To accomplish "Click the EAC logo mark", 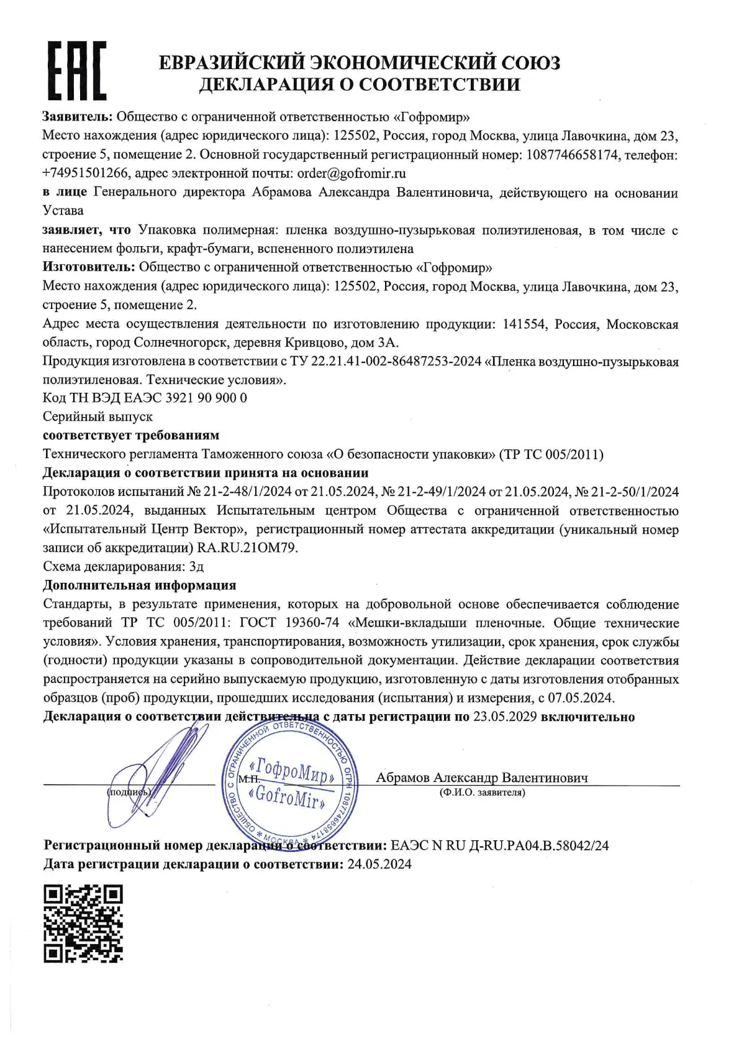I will tap(77, 70).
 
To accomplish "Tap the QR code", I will tap(83, 923).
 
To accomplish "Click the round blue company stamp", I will tap(289, 785).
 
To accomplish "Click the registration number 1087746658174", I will tap(572, 155).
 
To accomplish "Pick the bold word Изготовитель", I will tap(88, 267).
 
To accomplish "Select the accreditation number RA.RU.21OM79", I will tap(247, 548).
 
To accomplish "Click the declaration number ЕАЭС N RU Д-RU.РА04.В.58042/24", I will tap(500, 845).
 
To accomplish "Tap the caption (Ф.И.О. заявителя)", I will tap(482, 792).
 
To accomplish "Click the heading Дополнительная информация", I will tap(139, 585).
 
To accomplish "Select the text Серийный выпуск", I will tap(97, 416).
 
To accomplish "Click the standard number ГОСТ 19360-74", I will tap(289, 623).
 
